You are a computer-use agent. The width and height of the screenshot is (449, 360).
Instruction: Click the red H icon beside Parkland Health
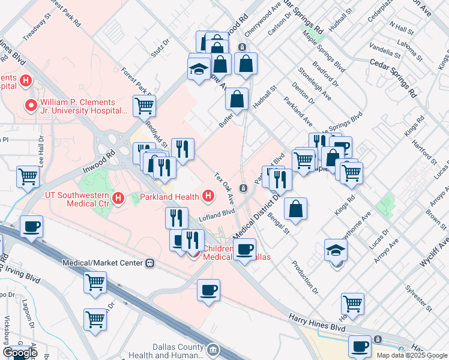208,196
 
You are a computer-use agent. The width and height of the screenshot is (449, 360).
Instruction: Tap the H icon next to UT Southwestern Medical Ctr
118,197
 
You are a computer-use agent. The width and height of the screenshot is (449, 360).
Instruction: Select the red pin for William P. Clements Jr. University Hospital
31,106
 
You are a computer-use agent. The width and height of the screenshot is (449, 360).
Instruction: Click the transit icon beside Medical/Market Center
150,263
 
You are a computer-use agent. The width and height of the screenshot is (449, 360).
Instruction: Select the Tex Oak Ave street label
225,188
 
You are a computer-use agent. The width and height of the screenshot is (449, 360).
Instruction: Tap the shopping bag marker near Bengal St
296,209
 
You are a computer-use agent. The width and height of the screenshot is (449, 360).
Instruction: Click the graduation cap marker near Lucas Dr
336,250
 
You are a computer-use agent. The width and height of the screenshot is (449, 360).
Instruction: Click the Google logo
20,353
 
